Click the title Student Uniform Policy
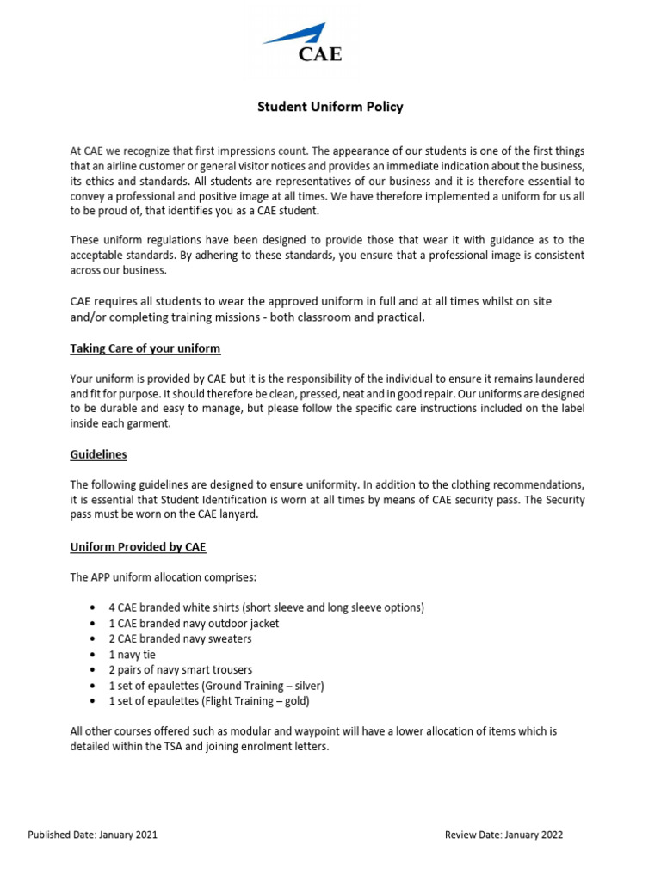(x=330, y=108)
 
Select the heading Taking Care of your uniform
(x=145, y=348)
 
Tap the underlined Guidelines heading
(x=98, y=453)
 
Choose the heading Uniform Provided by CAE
(x=138, y=547)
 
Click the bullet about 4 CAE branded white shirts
(x=266, y=607)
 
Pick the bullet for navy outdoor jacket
(x=194, y=623)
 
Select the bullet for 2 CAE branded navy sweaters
(x=180, y=638)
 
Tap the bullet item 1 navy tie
(x=132, y=654)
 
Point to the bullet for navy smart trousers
(x=180, y=669)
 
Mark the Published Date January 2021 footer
(x=93, y=835)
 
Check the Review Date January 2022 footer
(x=504, y=835)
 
